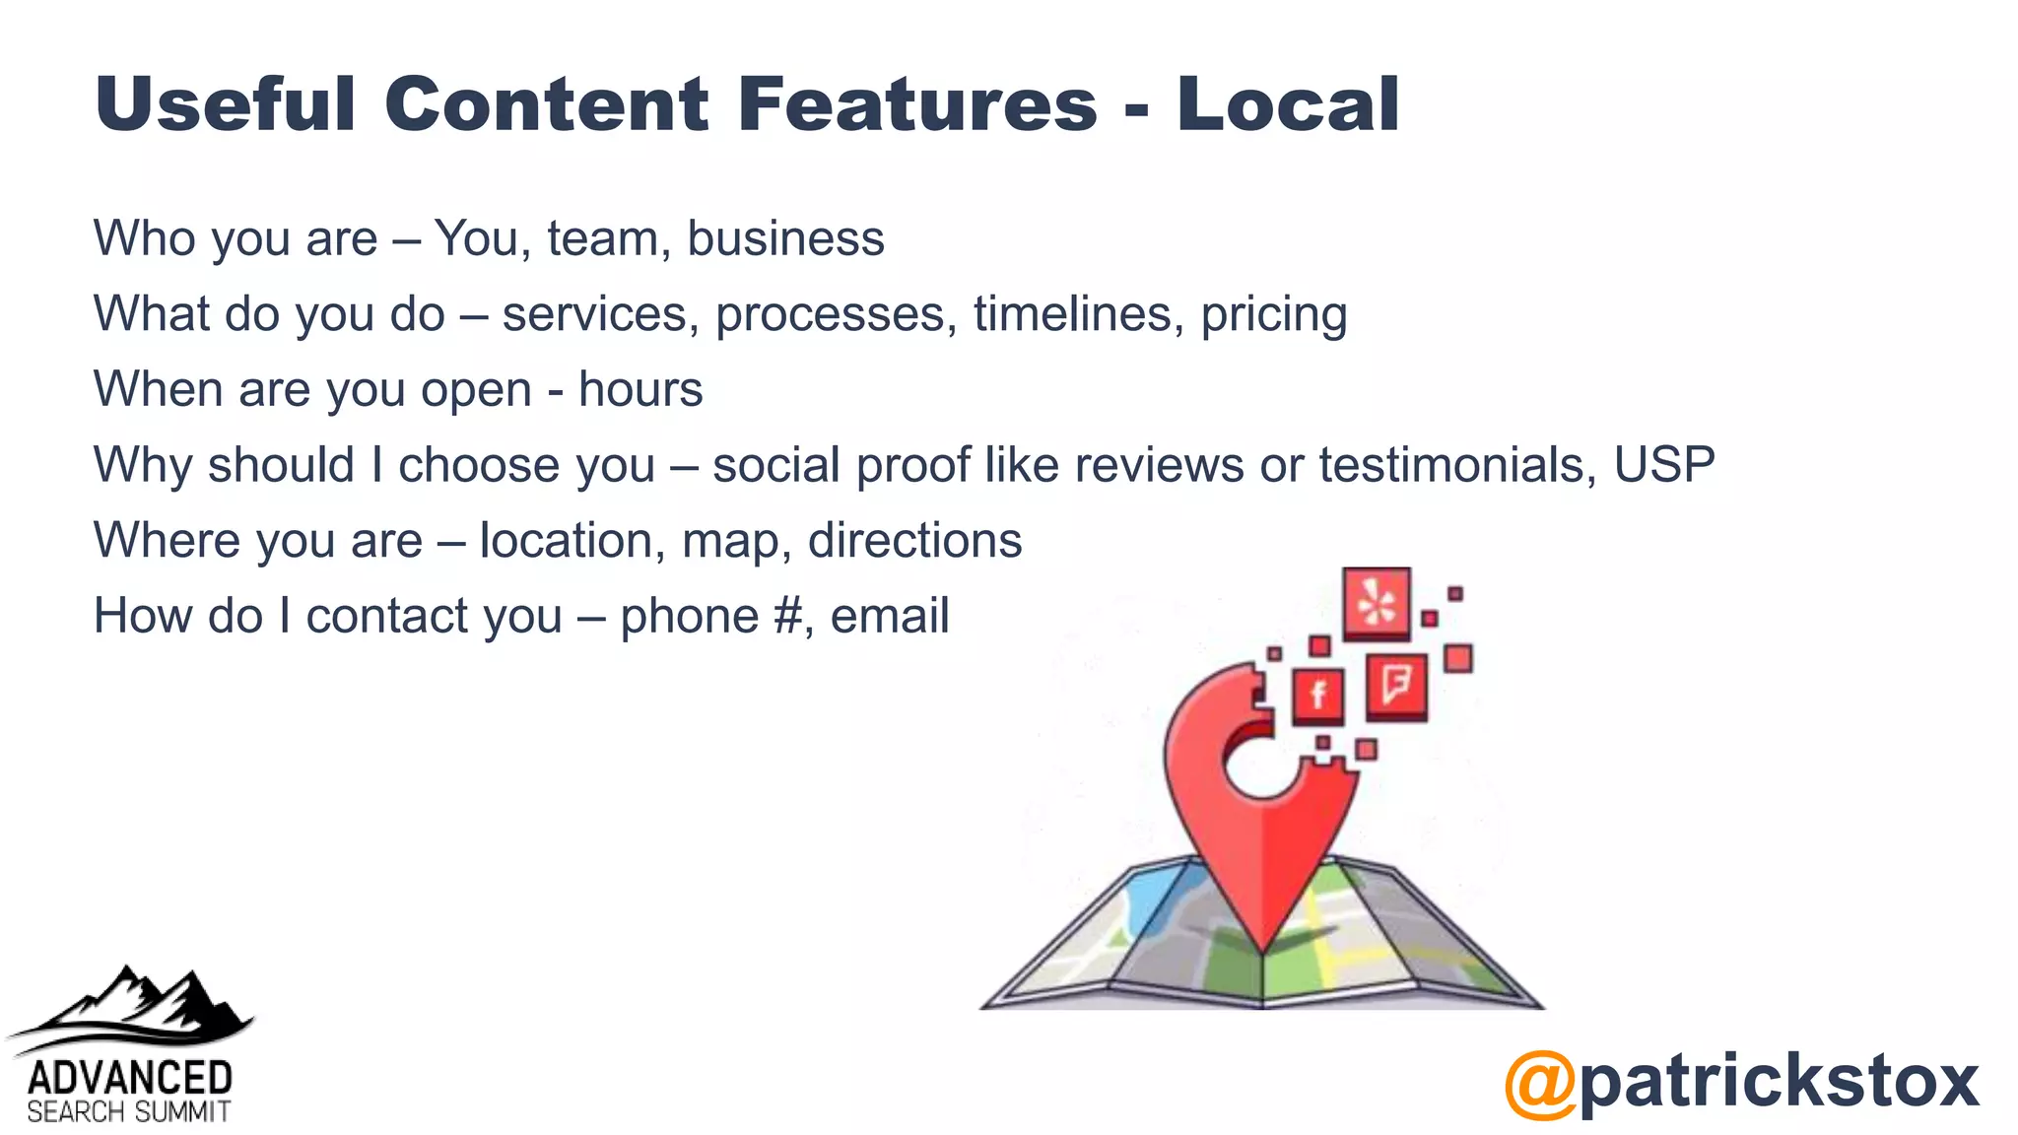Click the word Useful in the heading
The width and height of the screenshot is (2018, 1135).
coord(225,103)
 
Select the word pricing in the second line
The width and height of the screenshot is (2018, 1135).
coord(1273,315)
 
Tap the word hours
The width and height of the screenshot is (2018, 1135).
coord(640,389)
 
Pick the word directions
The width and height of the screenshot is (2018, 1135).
coord(914,541)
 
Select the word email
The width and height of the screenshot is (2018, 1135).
coord(890,617)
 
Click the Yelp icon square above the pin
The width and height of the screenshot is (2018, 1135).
coord(1377,602)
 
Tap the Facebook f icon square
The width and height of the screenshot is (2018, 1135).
coord(1317,696)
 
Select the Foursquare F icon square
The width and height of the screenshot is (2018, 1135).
coord(1396,684)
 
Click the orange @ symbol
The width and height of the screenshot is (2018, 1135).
coord(1540,1083)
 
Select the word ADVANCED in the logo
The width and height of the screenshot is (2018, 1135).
coord(129,1077)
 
